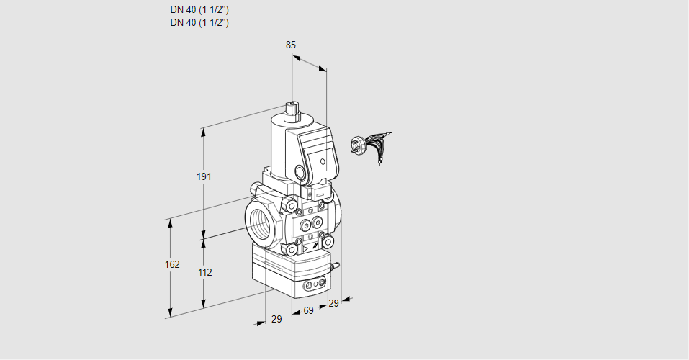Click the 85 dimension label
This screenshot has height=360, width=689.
(291, 45)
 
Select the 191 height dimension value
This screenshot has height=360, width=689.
(204, 177)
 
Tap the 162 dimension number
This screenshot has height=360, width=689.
(171, 264)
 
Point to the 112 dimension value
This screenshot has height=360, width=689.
(204, 272)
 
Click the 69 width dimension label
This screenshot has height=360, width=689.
(308, 310)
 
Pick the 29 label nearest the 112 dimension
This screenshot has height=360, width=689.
(276, 319)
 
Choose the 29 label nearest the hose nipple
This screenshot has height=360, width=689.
(333, 303)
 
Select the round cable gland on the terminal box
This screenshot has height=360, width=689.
(300, 173)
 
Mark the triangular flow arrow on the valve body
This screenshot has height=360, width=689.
(307, 249)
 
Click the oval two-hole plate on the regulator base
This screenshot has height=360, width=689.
(312, 286)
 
